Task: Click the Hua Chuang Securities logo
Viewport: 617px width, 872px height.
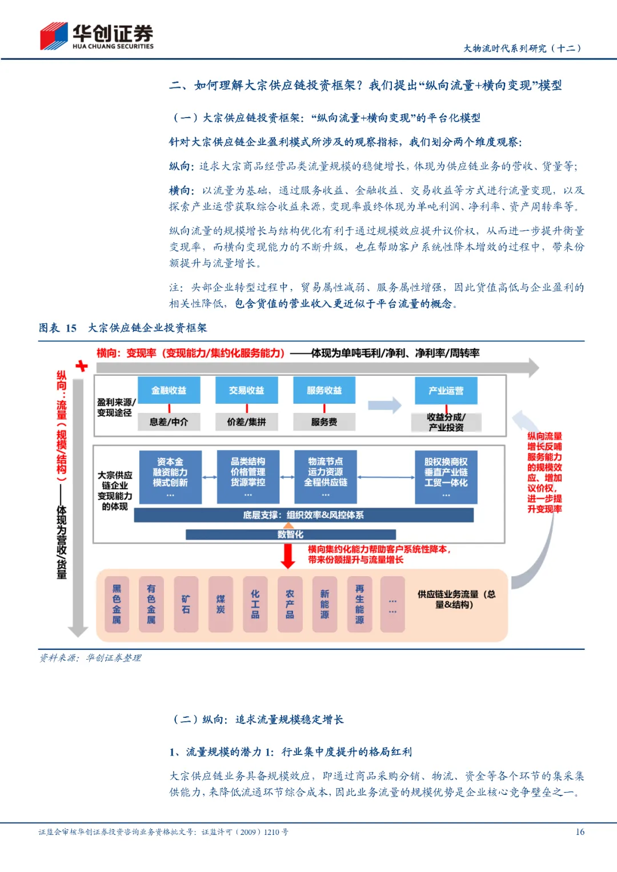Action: pyautogui.click(x=96, y=36)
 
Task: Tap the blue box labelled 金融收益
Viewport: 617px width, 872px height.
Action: pyautogui.click(x=169, y=390)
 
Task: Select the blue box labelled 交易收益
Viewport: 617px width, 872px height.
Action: pyautogui.click(x=247, y=390)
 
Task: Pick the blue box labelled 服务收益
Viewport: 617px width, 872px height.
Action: pyautogui.click(x=324, y=390)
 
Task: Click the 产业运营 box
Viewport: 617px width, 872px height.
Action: pyautogui.click(x=446, y=391)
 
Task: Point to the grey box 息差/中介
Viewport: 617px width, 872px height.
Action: pyautogui.click(x=169, y=422)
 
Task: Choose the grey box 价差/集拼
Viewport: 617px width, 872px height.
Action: pyautogui.click(x=247, y=422)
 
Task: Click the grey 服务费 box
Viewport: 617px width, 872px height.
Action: pyautogui.click(x=324, y=422)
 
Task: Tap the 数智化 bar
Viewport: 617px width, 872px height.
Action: pyautogui.click(x=290, y=535)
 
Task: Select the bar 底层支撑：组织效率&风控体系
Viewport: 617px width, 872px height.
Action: pyautogui.click(x=303, y=515)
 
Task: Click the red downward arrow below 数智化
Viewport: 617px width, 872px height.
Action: pyautogui.click(x=288, y=556)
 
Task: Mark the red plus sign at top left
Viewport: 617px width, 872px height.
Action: pyautogui.click(x=82, y=366)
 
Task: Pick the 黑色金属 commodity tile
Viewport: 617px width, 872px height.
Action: pyautogui.click(x=117, y=604)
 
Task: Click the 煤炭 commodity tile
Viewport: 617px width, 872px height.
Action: pyautogui.click(x=221, y=604)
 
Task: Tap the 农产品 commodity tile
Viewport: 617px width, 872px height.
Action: pyautogui.click(x=290, y=604)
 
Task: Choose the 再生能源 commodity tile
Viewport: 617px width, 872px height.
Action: pyautogui.click(x=359, y=604)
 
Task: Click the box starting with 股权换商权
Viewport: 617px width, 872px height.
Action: pyautogui.click(x=446, y=477)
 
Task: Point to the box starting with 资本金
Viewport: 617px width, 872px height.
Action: pyautogui.click(x=170, y=477)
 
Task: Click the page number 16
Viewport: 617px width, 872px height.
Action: pyautogui.click(x=580, y=832)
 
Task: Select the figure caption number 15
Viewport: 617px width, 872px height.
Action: pyautogui.click(x=71, y=328)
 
